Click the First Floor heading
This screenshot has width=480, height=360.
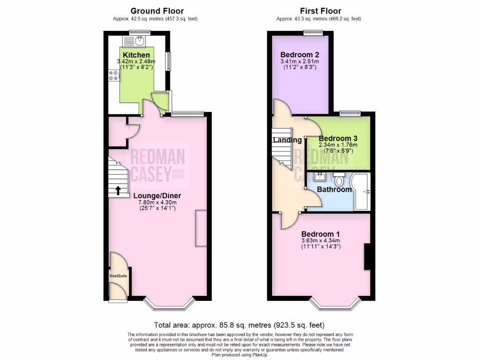tap(321, 11)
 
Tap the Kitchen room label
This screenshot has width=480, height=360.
tap(136, 55)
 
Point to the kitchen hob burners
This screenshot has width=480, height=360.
tap(113, 75)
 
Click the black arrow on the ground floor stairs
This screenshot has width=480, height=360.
tap(118, 190)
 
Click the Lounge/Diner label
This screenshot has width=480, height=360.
tap(157, 195)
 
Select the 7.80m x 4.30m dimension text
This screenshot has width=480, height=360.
tap(157, 202)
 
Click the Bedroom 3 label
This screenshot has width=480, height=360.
tap(338, 139)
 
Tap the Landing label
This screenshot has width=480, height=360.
tap(287, 140)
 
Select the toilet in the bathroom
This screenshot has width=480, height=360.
tap(339, 180)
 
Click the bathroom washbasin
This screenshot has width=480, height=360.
tap(320, 177)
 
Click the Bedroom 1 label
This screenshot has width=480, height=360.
tap(321, 234)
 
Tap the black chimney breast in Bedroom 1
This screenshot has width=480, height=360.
tap(367, 256)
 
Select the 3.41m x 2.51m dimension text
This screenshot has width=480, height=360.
tap(299, 61)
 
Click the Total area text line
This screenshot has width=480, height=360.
tap(240, 325)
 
